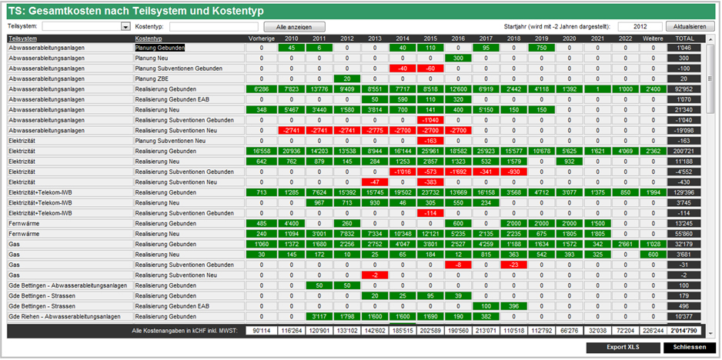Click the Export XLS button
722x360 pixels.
[622, 348]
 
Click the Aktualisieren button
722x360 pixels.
[690, 26]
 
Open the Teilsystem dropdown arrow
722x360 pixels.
[125, 26]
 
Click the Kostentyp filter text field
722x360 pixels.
[214, 26]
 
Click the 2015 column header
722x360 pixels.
[430, 38]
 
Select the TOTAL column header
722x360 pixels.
[684, 38]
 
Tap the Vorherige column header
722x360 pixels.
[261, 38]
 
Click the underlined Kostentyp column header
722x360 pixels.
[148, 38]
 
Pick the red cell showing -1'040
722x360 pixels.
[430, 121]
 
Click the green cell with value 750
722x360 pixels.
[542, 48]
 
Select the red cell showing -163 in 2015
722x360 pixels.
[430, 141]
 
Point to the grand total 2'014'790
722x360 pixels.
[684, 331]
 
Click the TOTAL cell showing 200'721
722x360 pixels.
[684, 152]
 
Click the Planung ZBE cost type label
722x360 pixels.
[152, 78]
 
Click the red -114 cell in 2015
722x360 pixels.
[430, 213]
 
